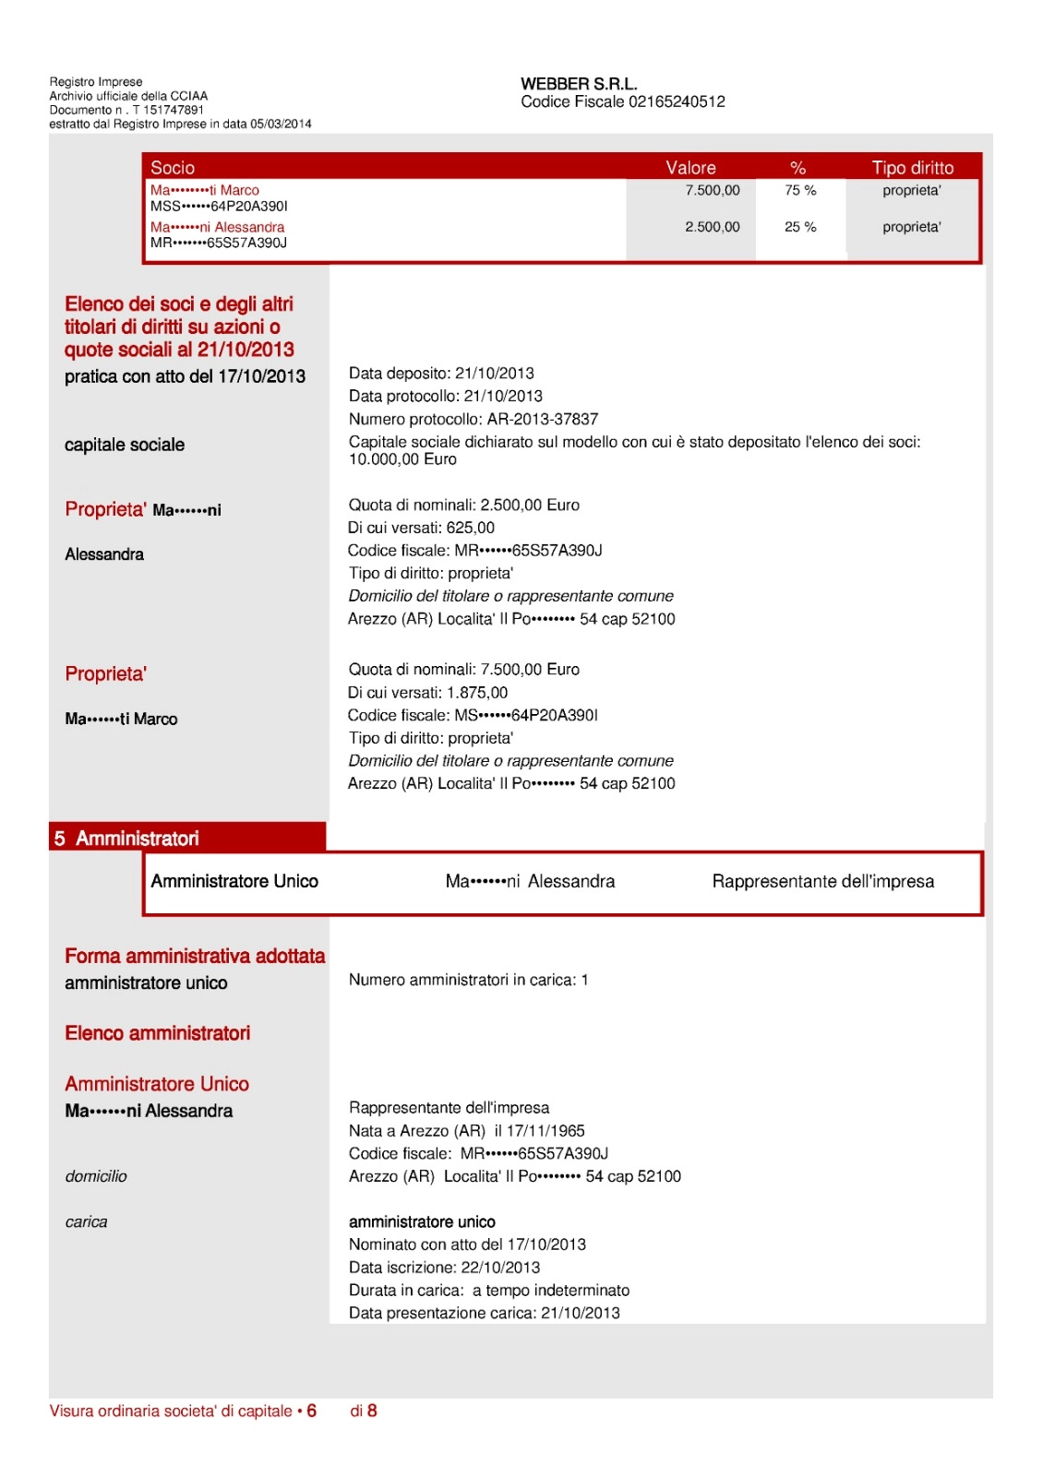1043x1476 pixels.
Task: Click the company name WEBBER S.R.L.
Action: coord(579,84)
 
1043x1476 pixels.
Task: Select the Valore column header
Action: coord(690,168)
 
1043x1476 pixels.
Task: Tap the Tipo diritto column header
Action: coord(912,168)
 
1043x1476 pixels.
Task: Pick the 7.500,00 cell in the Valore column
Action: coord(712,190)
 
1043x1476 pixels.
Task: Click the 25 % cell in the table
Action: coord(800,227)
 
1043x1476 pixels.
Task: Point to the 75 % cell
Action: coord(800,190)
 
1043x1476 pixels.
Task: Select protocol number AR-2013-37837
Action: coord(543,419)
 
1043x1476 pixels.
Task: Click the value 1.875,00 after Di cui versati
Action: coord(477,693)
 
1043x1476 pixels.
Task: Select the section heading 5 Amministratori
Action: coord(127,839)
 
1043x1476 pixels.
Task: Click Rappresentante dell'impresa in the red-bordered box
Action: coord(822,882)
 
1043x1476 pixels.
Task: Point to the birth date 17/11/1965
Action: coord(545,1131)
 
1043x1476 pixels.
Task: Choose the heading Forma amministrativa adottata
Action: coord(195,957)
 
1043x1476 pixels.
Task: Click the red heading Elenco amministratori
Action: coord(158,1033)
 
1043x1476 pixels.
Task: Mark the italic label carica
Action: coord(86,1222)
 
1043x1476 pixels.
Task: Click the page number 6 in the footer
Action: coord(312,1411)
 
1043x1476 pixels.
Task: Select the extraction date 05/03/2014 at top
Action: coord(281,124)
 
